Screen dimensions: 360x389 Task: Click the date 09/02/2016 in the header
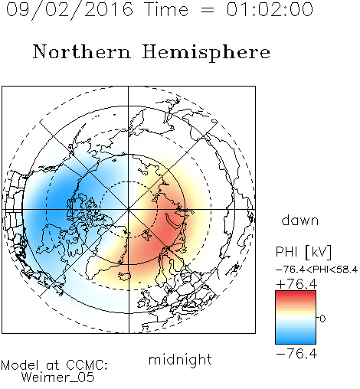point(69,10)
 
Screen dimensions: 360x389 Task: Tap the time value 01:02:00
point(270,9)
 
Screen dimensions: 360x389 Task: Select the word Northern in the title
point(82,51)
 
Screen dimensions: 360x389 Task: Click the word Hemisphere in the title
point(206,53)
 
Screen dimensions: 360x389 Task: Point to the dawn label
point(300,221)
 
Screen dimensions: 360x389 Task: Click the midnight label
point(180,360)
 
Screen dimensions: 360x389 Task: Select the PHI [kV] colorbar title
point(303,252)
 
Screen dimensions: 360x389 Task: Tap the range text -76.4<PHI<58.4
point(316,270)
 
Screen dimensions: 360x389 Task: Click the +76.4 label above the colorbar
point(296,284)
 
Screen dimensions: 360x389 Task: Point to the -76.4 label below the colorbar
point(296,354)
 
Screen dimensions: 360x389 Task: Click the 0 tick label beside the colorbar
point(322,319)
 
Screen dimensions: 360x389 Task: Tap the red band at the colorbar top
point(296,294)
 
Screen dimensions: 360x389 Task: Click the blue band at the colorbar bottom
point(296,340)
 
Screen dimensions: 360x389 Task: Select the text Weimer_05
point(58,378)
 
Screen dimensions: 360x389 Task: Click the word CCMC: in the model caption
point(87,365)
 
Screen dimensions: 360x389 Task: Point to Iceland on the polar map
point(125,276)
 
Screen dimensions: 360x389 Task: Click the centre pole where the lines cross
point(129,210)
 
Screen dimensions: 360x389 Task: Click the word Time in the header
point(166,9)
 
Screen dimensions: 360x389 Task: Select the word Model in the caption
point(20,365)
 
